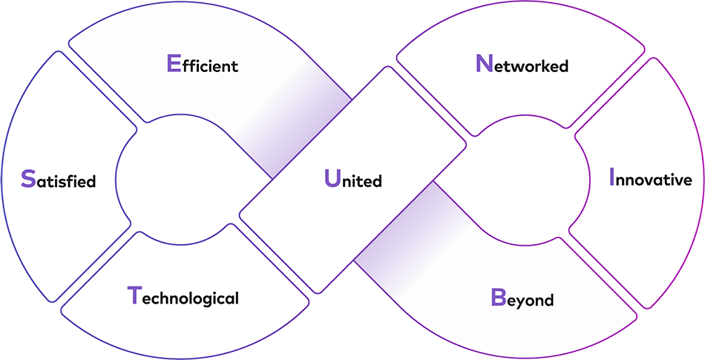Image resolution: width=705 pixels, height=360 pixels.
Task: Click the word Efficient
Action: pos(203,65)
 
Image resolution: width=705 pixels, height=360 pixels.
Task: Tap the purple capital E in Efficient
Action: pos(173,65)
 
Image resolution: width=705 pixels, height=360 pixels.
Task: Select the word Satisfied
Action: pos(59,180)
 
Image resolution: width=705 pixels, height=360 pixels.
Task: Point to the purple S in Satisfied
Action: pos(27,180)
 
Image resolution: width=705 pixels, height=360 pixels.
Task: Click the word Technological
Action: pos(183,298)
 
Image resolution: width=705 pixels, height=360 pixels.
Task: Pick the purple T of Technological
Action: pos(134,296)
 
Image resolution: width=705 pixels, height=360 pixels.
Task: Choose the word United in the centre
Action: pos(353,180)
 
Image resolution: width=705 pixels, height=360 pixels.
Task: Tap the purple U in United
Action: pos(331,180)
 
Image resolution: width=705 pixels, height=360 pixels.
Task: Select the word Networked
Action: pos(522,65)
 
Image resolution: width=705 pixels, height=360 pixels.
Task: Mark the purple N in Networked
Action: pos(483,65)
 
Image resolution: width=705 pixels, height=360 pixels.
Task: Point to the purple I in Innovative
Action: pos(612,179)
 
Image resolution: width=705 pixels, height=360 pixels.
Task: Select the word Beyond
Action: pos(522,299)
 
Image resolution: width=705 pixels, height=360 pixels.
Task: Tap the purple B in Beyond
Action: pos(497,298)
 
